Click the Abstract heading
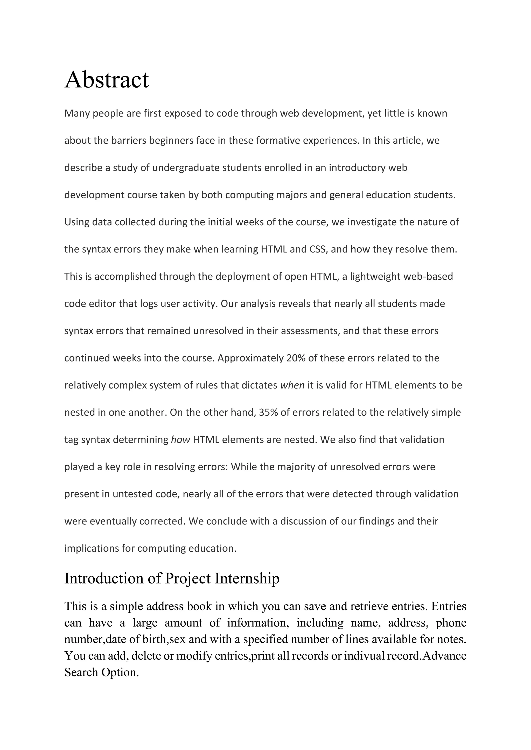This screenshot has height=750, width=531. pos(107,80)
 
